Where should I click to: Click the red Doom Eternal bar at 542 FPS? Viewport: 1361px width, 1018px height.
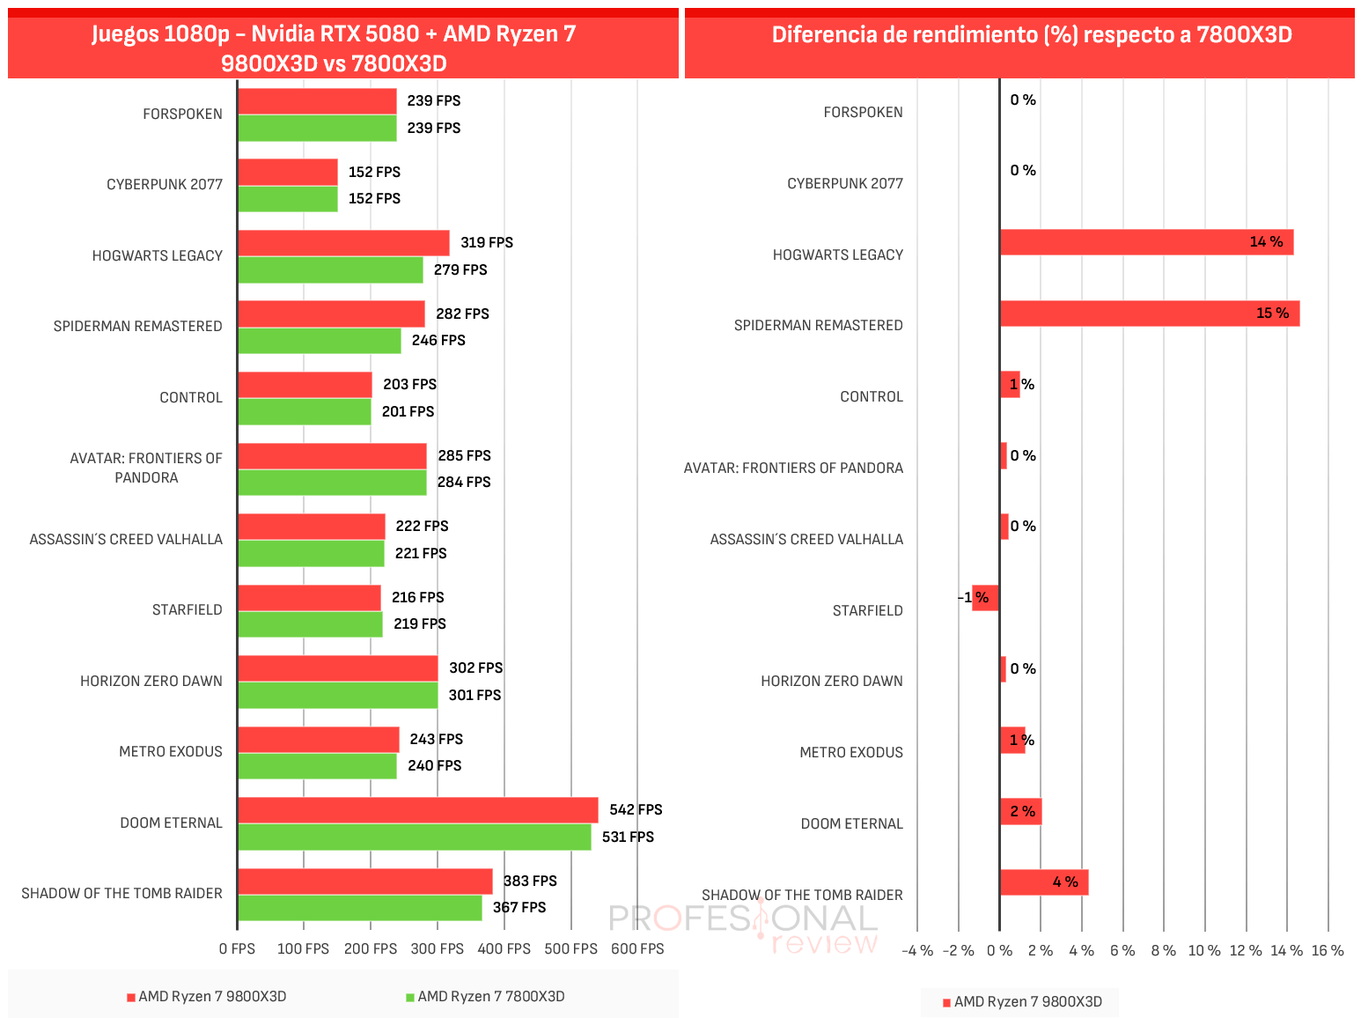[x=418, y=810]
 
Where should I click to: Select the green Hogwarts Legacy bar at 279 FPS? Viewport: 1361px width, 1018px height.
[x=331, y=270]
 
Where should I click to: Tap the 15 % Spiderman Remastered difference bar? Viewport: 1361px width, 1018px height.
[x=1151, y=314]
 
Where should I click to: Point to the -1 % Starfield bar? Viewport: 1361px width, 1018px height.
[x=985, y=598]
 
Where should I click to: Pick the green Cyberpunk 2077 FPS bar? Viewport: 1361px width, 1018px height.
[x=289, y=199]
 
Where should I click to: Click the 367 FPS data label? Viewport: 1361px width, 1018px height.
[x=519, y=908]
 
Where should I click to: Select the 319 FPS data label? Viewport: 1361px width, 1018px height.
[x=487, y=242]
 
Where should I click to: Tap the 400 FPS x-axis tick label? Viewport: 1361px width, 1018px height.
[x=504, y=949]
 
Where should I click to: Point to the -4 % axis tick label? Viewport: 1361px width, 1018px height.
[x=917, y=951]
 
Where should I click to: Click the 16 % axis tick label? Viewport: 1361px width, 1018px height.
[x=1328, y=951]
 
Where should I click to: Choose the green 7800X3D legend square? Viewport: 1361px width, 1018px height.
[x=410, y=998]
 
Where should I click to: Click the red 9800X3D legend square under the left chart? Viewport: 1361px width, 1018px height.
[x=131, y=998]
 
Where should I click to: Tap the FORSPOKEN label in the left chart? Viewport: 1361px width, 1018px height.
[x=182, y=114]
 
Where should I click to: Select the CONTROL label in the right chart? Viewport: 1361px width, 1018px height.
[x=872, y=397]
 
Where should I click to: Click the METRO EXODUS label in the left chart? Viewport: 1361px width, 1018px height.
[x=171, y=752]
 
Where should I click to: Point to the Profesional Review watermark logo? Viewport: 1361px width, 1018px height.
[x=744, y=927]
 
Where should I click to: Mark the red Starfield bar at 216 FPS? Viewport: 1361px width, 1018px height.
[x=310, y=598]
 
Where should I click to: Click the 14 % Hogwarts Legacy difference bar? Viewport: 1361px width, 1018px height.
[x=1147, y=242]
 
